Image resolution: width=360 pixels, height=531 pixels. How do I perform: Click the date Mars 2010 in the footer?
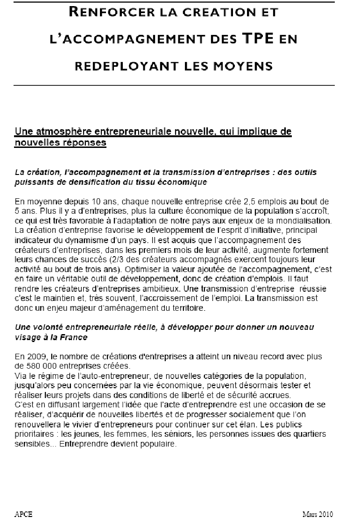tap(318, 515)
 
